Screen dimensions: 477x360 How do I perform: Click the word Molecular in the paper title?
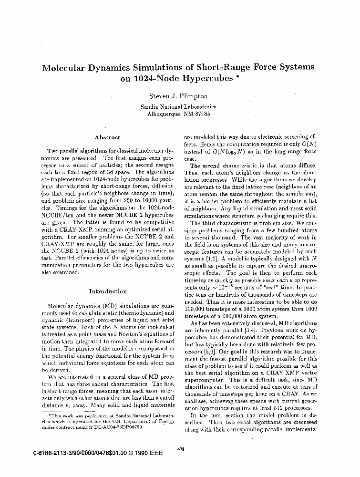click(66, 68)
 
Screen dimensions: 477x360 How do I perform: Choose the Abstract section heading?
click(107, 137)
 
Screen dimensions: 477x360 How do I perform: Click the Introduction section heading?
click(108, 291)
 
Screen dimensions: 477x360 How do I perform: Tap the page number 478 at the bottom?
click(180, 449)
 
